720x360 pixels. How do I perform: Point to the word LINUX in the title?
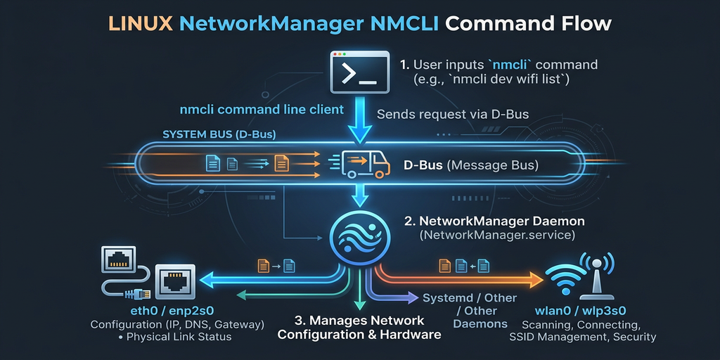pos(141,23)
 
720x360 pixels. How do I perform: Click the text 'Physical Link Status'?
pos(181,337)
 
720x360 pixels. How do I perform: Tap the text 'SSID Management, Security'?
pos(582,337)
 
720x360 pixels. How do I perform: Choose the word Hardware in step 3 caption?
pos(410,334)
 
